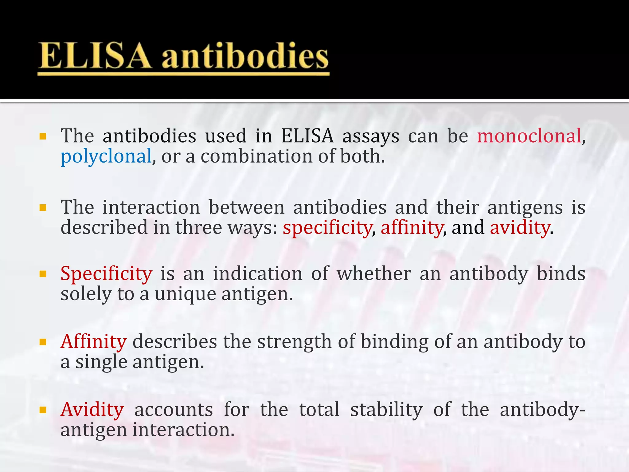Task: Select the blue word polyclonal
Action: pos(106,156)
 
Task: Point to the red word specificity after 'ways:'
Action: pos(327,228)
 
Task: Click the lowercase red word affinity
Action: pos(412,228)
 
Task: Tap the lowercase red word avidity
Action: pos(520,228)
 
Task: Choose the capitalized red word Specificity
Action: pos(106,273)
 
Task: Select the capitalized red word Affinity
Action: pos(93,342)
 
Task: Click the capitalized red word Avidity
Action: pos(92,410)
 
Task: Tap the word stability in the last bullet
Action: pos(386,410)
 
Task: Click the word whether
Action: pos(374,273)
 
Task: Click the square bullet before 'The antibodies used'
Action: pos(43,136)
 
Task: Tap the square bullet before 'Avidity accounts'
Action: pos(43,410)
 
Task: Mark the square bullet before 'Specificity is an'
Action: pos(43,274)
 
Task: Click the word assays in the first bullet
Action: pos(371,136)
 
